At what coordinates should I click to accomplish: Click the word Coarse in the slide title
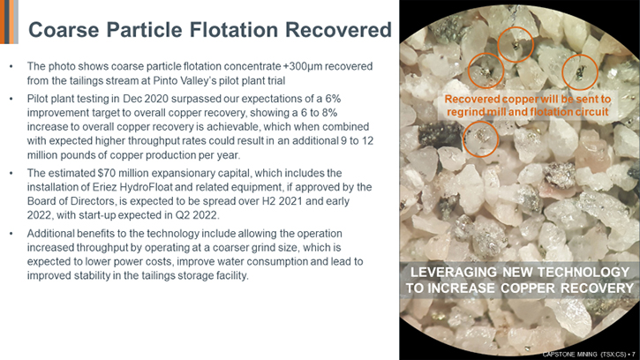coord(64,30)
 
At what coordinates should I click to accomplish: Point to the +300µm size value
coord(305,66)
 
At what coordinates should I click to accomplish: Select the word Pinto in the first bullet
coord(165,80)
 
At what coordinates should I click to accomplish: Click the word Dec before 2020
coord(132,99)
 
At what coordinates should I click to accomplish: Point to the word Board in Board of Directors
coord(40,201)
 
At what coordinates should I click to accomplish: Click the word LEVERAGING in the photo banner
coord(454,273)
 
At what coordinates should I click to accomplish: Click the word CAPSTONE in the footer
coord(558,355)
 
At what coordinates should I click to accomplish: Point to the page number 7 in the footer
coord(634,355)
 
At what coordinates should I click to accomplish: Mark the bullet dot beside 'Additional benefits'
coord(11,234)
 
